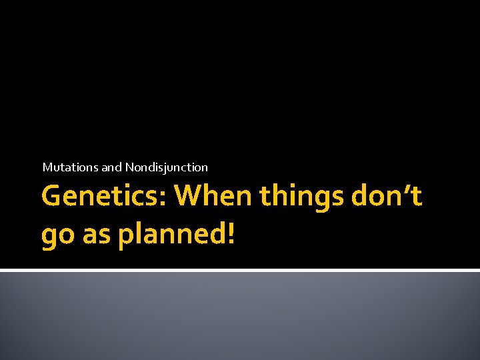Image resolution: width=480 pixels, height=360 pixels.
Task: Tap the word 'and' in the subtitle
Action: [112, 167]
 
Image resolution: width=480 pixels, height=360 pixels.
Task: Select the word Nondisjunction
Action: [167, 167]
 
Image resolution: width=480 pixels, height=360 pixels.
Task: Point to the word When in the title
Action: [214, 197]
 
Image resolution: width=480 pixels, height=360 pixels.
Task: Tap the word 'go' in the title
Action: [55, 236]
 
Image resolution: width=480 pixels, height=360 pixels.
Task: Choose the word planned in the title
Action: [171, 236]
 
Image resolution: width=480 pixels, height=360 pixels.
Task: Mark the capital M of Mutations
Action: [47, 167]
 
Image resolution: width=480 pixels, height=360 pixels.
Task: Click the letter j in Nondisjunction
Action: [171, 168]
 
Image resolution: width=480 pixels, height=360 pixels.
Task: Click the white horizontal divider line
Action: [240, 270]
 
